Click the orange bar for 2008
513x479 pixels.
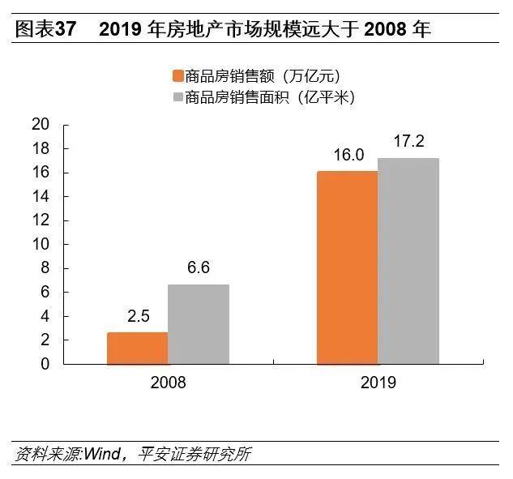(x=137, y=348)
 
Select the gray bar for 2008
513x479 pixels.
(x=199, y=324)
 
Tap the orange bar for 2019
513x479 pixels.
(x=347, y=267)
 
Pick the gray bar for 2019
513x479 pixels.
(x=408, y=260)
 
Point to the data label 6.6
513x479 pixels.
(x=199, y=268)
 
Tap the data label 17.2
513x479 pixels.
(x=408, y=142)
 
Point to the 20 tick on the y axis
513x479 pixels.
(x=40, y=125)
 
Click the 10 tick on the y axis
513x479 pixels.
(x=40, y=244)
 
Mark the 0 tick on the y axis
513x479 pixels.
(x=45, y=364)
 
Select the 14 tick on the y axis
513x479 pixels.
(x=40, y=196)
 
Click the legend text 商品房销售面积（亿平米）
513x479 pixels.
(x=270, y=97)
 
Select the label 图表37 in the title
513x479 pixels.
(x=45, y=29)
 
